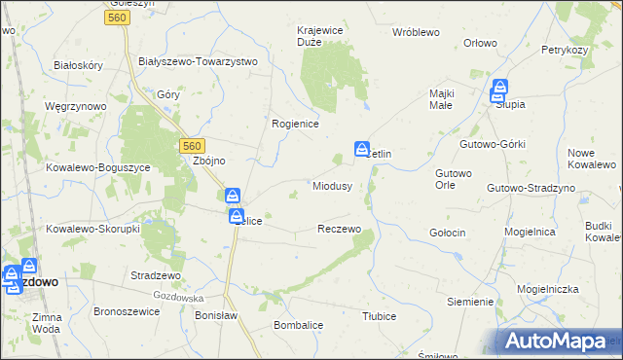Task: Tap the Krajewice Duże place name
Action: point(320,36)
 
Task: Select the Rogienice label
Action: point(296,124)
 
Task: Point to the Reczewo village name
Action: point(340,229)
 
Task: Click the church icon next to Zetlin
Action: point(361,148)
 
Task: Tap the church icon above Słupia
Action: point(499,88)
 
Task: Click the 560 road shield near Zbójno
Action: point(192,145)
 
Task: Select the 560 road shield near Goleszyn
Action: point(119,18)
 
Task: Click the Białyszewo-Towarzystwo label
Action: point(199,61)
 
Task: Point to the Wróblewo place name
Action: point(417,32)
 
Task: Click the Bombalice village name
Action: point(298,324)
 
